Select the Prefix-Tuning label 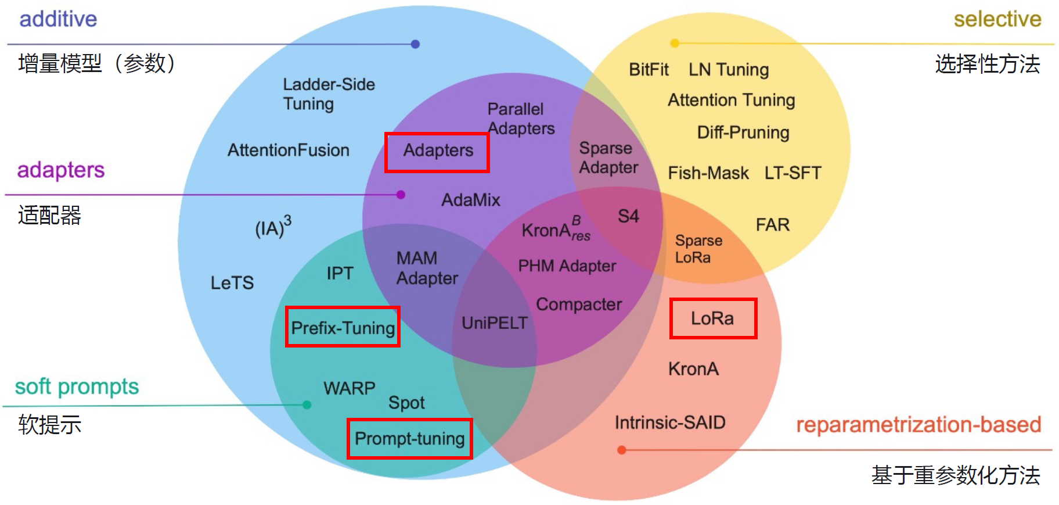pyautogui.click(x=343, y=328)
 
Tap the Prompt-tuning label pyautogui.click(x=410, y=439)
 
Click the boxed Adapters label pyautogui.click(x=438, y=150)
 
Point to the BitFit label pyautogui.click(x=649, y=70)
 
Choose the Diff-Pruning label pyautogui.click(x=743, y=132)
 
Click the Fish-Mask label pyautogui.click(x=708, y=173)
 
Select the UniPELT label pyautogui.click(x=495, y=323)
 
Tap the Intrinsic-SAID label pyautogui.click(x=670, y=422)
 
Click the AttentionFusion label pyautogui.click(x=289, y=150)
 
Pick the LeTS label pyautogui.click(x=232, y=282)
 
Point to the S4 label pyautogui.click(x=628, y=216)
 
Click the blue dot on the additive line pyautogui.click(x=415, y=44)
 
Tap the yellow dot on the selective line pyautogui.click(x=675, y=43)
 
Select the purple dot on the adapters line pyautogui.click(x=401, y=195)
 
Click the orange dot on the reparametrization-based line pyautogui.click(x=621, y=450)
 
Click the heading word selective pyautogui.click(x=997, y=19)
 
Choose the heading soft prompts pyautogui.click(x=77, y=387)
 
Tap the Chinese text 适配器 pyautogui.click(x=50, y=215)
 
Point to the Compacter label pyautogui.click(x=579, y=305)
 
